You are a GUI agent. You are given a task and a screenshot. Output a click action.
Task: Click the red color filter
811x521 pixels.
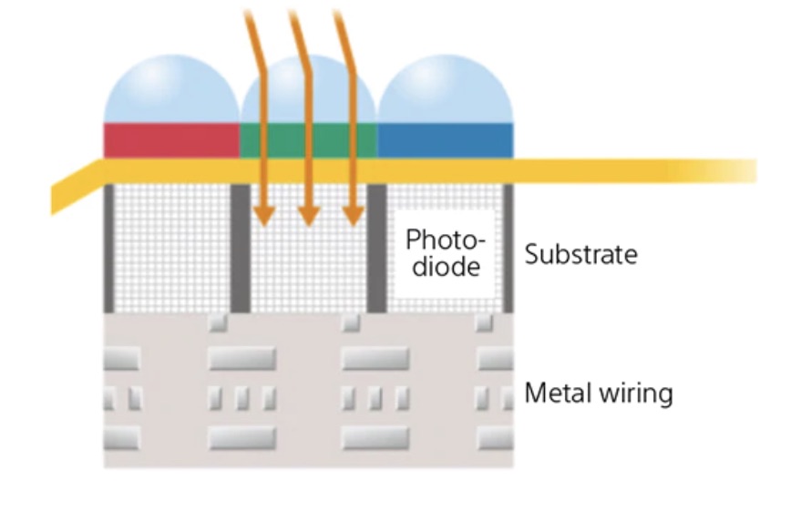(x=171, y=141)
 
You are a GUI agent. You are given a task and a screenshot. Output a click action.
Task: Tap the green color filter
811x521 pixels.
(x=308, y=141)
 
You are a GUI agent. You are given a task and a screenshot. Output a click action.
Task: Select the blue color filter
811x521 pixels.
(x=445, y=141)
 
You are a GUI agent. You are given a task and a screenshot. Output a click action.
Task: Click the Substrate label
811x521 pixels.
(x=580, y=254)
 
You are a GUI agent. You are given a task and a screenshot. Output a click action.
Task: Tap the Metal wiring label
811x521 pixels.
(x=599, y=393)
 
